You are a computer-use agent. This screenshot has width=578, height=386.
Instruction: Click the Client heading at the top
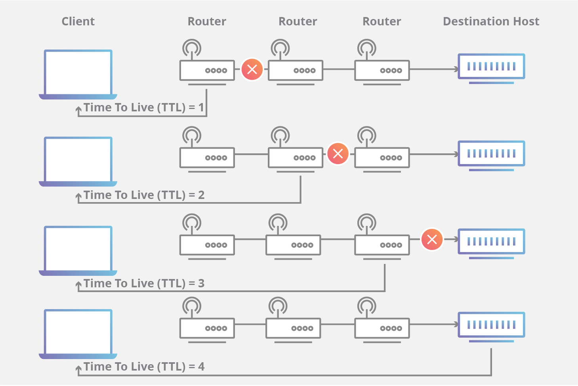pyautogui.click(x=78, y=21)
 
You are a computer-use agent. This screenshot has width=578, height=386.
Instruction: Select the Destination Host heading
pyautogui.click(x=491, y=21)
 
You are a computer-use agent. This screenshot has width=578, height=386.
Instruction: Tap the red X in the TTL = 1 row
pyautogui.click(x=252, y=69)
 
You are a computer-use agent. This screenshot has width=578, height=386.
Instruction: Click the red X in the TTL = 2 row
pyautogui.click(x=338, y=154)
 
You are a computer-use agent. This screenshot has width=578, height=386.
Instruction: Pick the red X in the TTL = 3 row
pyautogui.click(x=432, y=239)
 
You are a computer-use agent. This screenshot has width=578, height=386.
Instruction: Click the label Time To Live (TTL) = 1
pyautogui.click(x=143, y=107)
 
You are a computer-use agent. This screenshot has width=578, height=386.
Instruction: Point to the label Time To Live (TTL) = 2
pyautogui.click(x=144, y=195)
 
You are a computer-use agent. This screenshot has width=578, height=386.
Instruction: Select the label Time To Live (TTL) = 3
pyautogui.click(x=144, y=283)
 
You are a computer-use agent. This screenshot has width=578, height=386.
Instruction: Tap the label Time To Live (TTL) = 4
pyautogui.click(x=144, y=367)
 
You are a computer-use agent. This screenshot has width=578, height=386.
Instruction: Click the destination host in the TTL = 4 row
pyautogui.click(x=491, y=326)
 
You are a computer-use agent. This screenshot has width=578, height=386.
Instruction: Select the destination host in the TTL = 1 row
pyautogui.click(x=491, y=67)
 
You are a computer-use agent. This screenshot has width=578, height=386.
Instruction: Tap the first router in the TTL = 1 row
pyautogui.click(x=207, y=71)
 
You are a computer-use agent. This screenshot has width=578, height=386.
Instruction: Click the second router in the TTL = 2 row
pyautogui.click(x=295, y=158)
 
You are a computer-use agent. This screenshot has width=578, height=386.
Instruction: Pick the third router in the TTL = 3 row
pyautogui.click(x=382, y=245)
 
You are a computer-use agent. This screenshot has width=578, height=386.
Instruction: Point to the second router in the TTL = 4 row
pyautogui.click(x=293, y=328)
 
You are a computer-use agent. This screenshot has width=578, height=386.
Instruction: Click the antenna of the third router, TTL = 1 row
pyautogui.click(x=366, y=48)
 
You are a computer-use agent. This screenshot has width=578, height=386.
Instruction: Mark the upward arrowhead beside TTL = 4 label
pyautogui.click(x=78, y=369)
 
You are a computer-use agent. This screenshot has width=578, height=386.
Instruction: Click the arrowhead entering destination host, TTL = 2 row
pyautogui.click(x=456, y=154)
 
